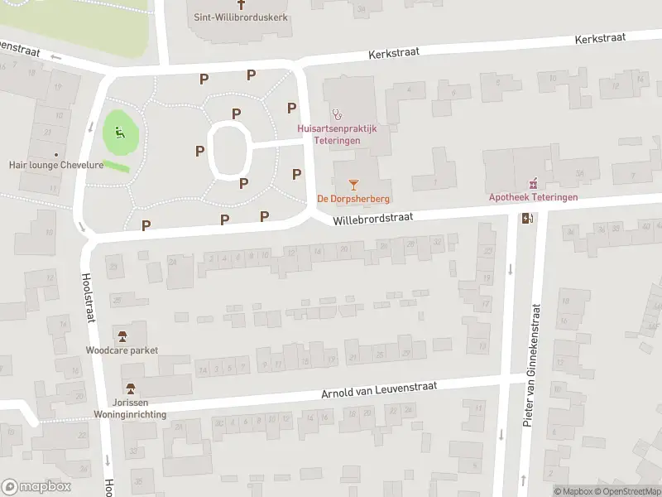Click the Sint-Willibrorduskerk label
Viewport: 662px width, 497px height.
241,17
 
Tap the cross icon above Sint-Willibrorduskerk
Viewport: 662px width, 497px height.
241,4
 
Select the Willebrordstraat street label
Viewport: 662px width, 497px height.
372,219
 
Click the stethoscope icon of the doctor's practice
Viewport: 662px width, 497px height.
336,113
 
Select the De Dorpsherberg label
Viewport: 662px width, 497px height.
353,199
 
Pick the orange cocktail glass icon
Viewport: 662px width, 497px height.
353,183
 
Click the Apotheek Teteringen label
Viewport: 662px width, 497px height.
533,197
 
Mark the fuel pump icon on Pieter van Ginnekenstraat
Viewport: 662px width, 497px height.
527,219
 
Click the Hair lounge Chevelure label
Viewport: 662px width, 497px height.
55,165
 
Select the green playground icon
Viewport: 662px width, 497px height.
120,132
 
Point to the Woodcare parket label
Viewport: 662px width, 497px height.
122,350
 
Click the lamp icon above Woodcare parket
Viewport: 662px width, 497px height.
122,335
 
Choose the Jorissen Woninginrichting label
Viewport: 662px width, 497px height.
131,408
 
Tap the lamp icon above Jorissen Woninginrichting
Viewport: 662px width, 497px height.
130,388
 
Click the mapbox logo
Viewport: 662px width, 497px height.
36,487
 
